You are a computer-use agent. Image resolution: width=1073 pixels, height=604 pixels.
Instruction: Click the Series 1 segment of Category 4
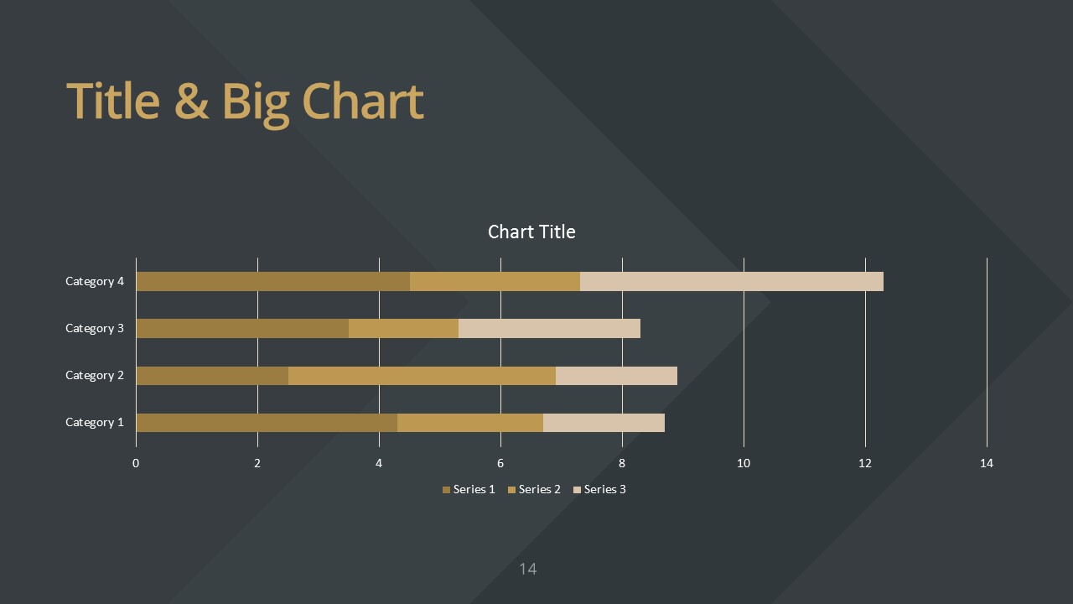273,281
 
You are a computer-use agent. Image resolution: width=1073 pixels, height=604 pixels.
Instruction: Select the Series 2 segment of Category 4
495,281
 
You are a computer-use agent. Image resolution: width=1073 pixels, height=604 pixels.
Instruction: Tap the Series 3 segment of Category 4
732,281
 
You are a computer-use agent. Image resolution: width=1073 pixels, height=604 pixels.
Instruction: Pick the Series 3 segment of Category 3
549,328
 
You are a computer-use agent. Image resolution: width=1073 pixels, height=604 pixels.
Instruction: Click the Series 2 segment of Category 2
422,375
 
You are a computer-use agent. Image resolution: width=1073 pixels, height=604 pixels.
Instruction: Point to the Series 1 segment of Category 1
267,422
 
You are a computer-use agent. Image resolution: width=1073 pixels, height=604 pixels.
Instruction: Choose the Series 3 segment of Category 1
604,422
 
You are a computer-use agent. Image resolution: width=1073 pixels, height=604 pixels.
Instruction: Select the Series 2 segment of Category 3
403,328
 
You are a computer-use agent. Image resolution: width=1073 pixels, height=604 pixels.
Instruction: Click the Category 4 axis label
95,281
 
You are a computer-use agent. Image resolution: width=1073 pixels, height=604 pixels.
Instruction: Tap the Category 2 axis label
95,375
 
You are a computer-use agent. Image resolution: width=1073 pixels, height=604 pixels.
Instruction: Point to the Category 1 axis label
95,422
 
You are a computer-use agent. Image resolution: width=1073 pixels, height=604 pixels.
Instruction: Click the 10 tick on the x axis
744,463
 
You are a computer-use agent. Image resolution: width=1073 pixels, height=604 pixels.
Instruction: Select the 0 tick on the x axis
136,463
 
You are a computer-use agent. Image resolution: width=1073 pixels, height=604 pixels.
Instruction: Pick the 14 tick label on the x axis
987,463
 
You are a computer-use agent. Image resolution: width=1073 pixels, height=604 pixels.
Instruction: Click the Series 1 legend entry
469,489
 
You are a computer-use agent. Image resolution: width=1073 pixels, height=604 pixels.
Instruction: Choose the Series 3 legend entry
599,489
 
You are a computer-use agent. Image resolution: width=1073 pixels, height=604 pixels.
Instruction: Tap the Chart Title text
531,232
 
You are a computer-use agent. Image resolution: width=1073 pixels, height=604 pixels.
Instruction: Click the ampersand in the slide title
192,102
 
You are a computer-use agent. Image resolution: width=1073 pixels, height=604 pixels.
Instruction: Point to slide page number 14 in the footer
528,569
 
